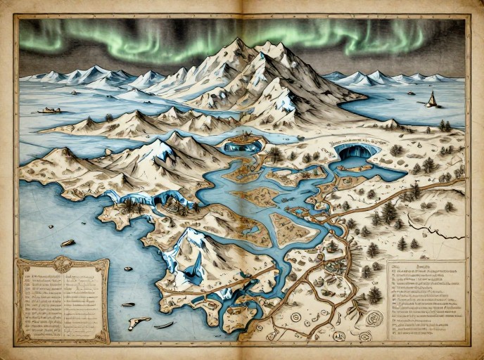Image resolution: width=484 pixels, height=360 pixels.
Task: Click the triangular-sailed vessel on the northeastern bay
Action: click(431, 100)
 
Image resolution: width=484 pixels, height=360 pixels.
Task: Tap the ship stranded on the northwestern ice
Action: click(49, 110)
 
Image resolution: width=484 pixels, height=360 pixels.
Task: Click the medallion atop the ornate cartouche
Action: click(62, 264)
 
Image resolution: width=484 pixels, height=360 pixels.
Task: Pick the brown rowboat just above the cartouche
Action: click(68, 243)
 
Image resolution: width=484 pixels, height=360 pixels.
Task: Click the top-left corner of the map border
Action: click(18, 17)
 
